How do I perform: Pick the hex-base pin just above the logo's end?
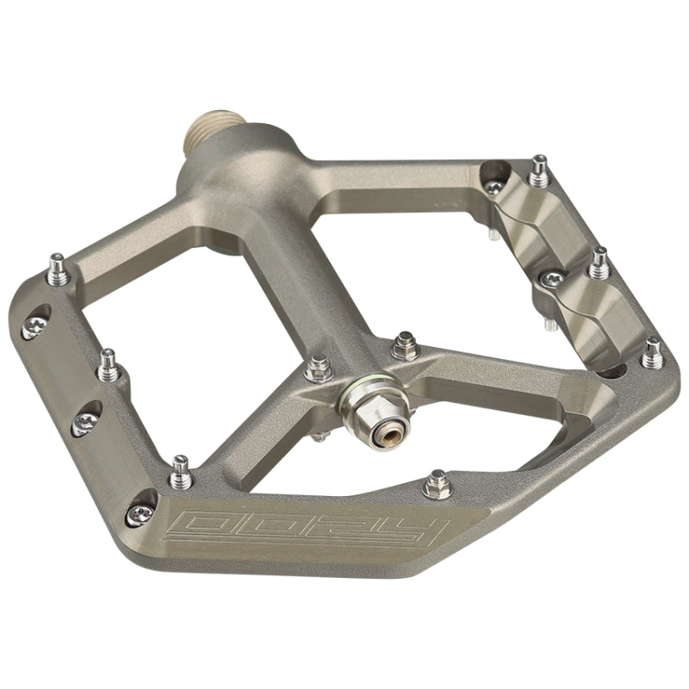[x=438, y=485]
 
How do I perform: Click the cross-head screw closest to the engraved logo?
[x=141, y=514]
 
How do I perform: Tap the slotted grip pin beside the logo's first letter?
[x=181, y=469]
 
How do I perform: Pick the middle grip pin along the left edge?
[x=107, y=365]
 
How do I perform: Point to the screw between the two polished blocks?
[x=548, y=280]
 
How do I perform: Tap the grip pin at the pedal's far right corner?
[x=652, y=353]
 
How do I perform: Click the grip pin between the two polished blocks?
[x=599, y=264]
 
